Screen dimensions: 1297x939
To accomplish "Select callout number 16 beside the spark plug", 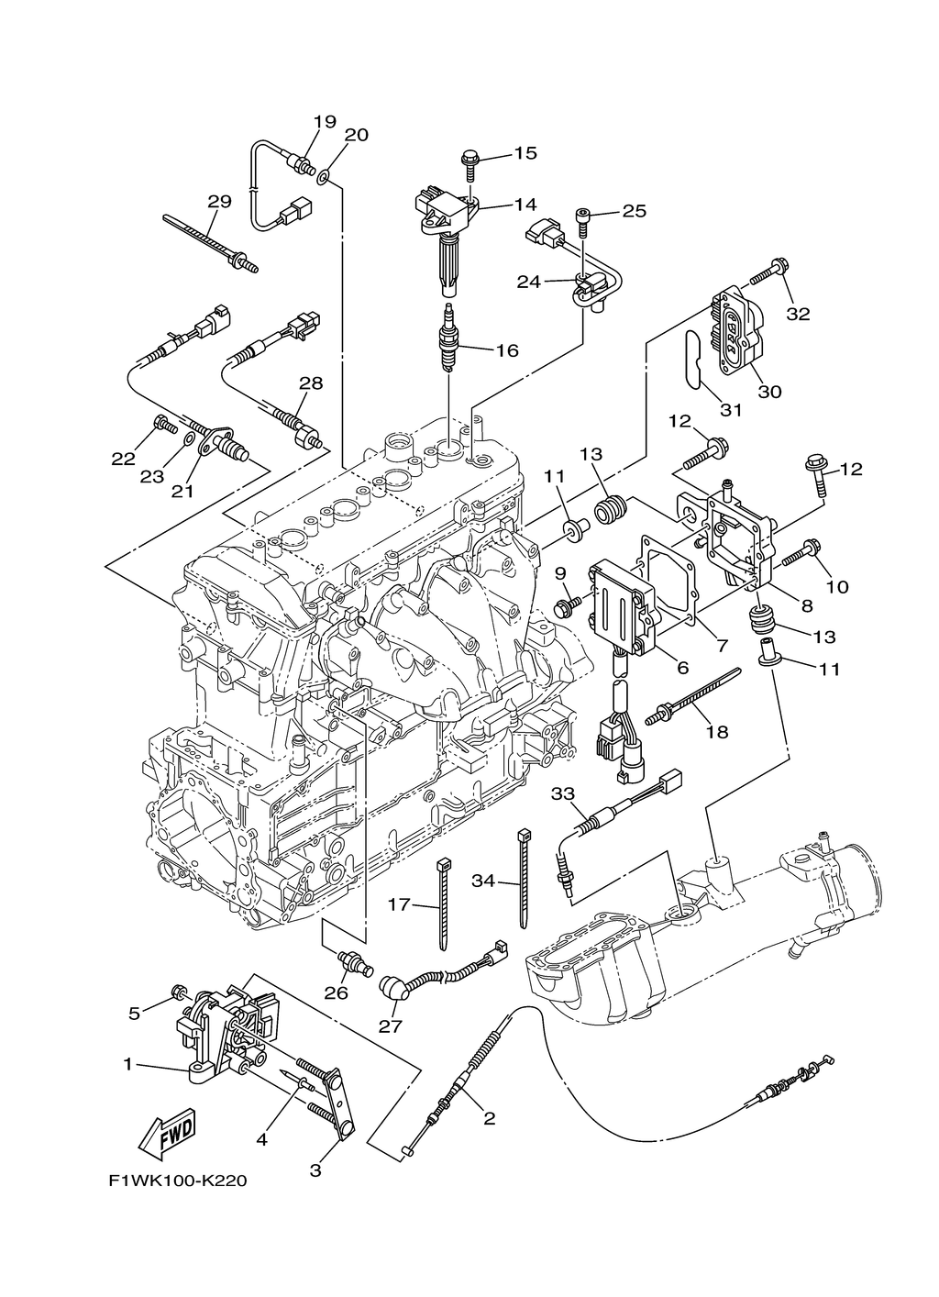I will [x=506, y=349].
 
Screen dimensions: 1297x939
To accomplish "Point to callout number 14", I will [x=525, y=204].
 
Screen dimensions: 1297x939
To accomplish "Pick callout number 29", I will [x=219, y=202].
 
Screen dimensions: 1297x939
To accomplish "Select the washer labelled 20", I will [x=324, y=174].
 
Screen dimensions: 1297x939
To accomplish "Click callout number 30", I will [x=769, y=391].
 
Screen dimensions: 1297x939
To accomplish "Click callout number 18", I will [x=716, y=732].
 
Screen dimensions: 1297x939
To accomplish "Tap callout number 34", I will [x=483, y=881].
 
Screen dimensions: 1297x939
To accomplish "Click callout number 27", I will [x=390, y=1026].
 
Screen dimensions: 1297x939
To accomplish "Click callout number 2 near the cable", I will [x=489, y=1118].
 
